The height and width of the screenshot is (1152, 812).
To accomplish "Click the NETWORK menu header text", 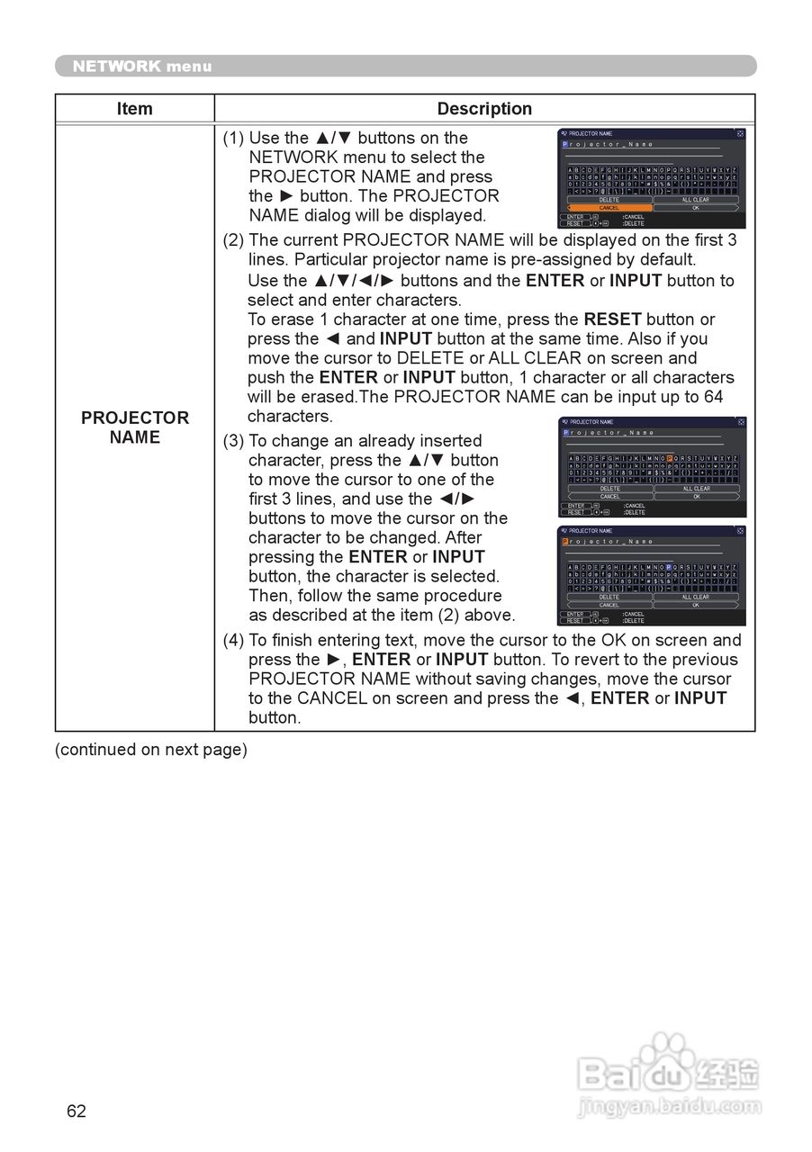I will coord(142,66).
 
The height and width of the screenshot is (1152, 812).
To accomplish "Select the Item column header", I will coord(134,109).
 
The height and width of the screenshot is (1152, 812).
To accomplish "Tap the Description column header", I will coord(484,109).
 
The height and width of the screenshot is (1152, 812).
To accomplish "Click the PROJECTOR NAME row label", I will coord(135,427).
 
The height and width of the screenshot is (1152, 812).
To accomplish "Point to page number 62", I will coord(77,1111).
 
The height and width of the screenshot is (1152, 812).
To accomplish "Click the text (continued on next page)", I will coord(151,750).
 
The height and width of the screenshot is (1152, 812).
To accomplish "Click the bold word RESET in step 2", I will coord(612,319).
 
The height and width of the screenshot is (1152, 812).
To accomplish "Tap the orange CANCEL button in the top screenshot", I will coord(609,208).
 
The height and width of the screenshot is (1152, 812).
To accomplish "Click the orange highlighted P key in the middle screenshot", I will coord(670,458).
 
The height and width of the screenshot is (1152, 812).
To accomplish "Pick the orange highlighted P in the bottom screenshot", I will coord(565,542).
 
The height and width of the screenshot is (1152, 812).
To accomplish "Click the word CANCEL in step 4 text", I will coord(332,698).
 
